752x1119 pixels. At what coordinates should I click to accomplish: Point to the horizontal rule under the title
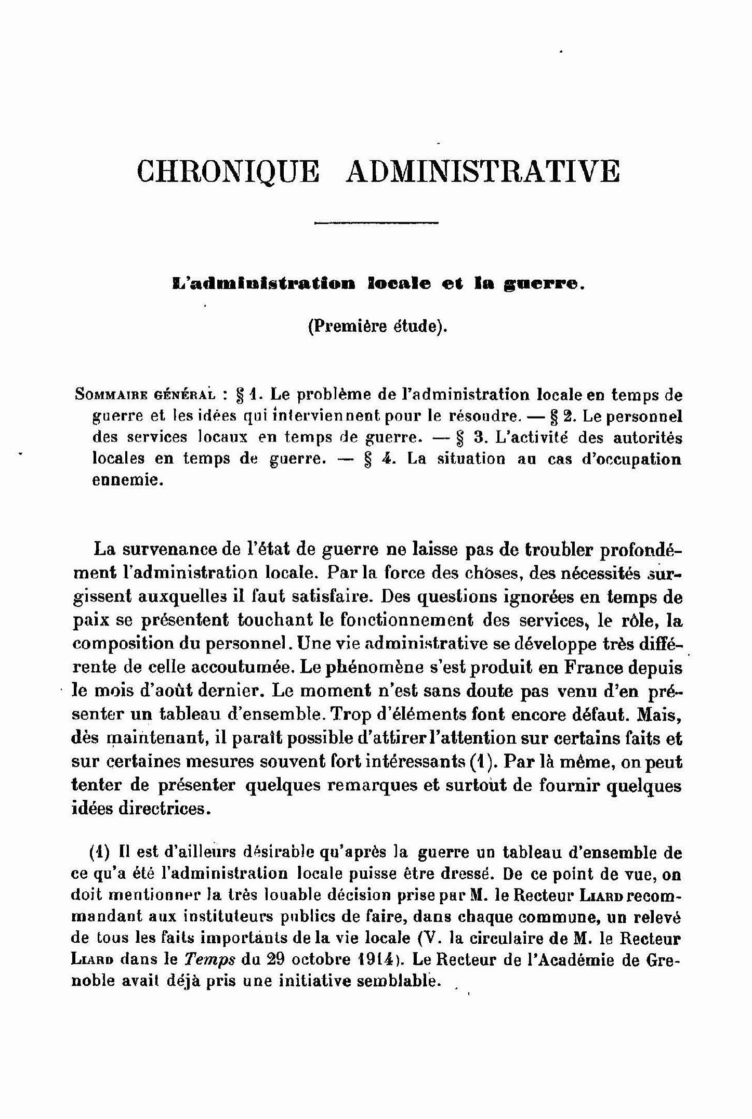pos(376,224)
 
